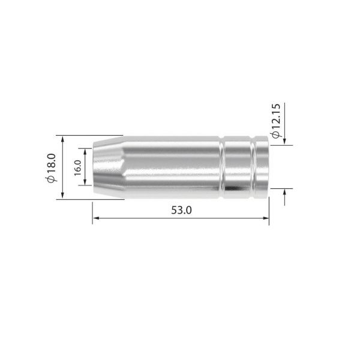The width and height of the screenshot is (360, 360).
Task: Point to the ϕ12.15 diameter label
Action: tap(275, 121)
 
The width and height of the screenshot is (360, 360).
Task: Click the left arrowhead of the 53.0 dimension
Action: tap(95, 220)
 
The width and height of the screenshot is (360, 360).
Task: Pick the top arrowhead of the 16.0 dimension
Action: tap(88, 147)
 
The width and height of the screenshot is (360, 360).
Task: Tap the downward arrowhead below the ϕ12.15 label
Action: tap(284, 142)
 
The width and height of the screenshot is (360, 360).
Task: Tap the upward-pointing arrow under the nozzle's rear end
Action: tap(284, 193)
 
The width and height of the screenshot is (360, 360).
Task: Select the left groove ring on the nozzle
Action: tap(223, 167)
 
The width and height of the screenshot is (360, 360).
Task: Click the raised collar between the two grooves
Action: tap(238, 167)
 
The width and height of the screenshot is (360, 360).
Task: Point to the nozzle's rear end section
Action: tap(262, 167)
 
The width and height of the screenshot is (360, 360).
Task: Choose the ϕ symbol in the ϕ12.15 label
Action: tap(275, 135)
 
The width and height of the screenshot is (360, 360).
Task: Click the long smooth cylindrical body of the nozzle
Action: tap(171, 167)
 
